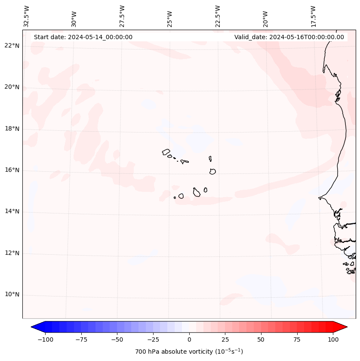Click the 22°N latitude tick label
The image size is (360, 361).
(12, 46)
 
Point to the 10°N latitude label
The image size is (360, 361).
(12, 295)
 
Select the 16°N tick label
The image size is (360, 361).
(12, 170)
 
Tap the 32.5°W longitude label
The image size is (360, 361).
(27, 16)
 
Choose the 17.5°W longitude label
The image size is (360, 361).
(313, 16)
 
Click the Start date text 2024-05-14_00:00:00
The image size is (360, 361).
(83, 37)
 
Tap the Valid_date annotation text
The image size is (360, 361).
(289, 37)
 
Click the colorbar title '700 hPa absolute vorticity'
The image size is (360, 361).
(189, 352)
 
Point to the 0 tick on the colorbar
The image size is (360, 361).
(189, 339)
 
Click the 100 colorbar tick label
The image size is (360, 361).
(333, 339)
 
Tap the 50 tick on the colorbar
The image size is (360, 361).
(261, 339)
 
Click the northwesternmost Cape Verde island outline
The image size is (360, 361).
(166, 152)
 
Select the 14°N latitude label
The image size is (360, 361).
(12, 212)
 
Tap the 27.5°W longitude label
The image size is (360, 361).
(122, 16)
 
